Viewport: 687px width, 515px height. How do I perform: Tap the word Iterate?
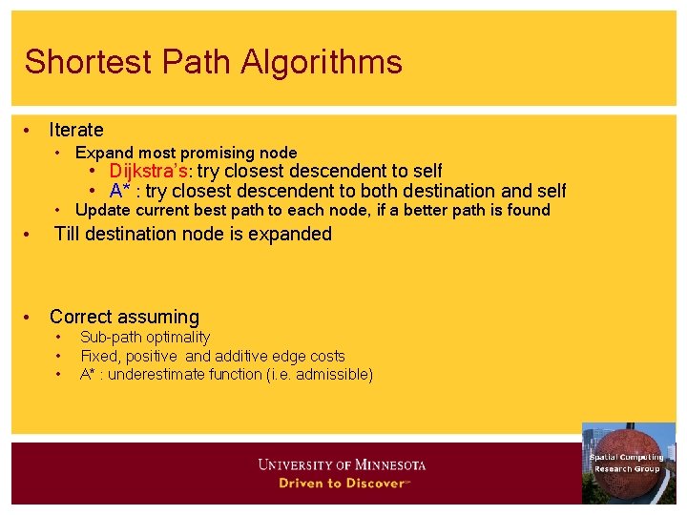76,130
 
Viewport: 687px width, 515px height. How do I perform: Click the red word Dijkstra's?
148,171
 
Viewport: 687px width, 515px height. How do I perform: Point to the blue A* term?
119,191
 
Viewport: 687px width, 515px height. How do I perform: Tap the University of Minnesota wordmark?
342,465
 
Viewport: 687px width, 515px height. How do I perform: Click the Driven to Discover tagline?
342,483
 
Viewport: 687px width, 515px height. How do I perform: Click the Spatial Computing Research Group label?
626,463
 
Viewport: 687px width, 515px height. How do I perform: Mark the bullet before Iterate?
30,130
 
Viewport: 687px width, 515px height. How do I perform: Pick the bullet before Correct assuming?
30,317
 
